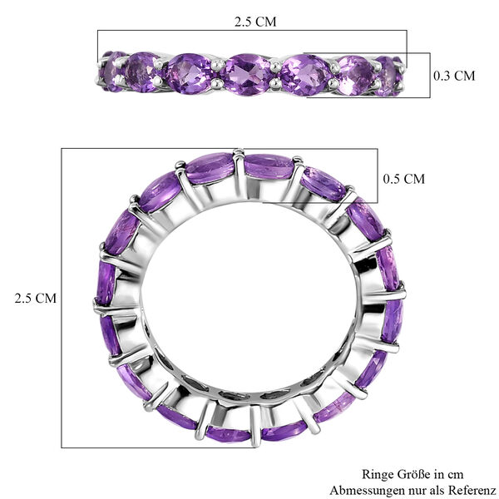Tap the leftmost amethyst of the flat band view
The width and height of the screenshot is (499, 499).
pyautogui.click(x=112, y=71)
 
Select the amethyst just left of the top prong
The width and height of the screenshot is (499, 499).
pyautogui.click(x=210, y=167)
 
